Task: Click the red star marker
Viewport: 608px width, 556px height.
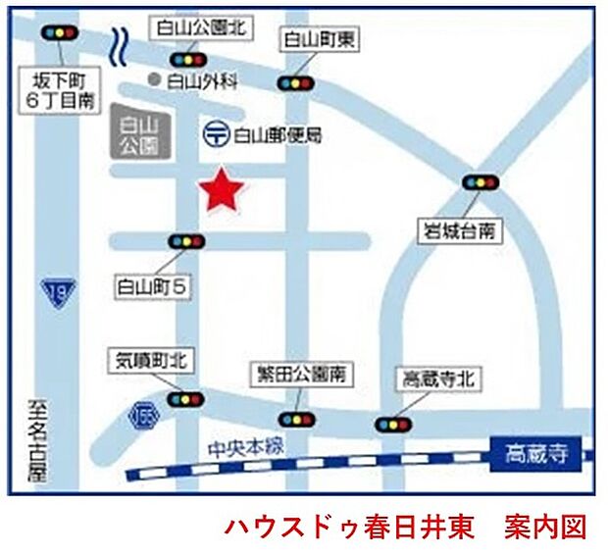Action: [x=221, y=189]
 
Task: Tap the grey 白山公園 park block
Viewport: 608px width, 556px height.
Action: [x=137, y=133]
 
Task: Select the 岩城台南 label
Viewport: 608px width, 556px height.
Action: [x=458, y=231]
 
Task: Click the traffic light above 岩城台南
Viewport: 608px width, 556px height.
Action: [x=480, y=182]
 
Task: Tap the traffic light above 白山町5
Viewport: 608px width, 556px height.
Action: [x=186, y=241]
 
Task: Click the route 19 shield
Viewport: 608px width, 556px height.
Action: [x=57, y=291]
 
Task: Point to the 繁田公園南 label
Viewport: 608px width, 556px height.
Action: [x=299, y=376]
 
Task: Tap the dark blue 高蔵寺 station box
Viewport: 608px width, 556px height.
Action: [x=536, y=454]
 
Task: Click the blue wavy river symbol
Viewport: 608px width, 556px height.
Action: [x=121, y=44]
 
